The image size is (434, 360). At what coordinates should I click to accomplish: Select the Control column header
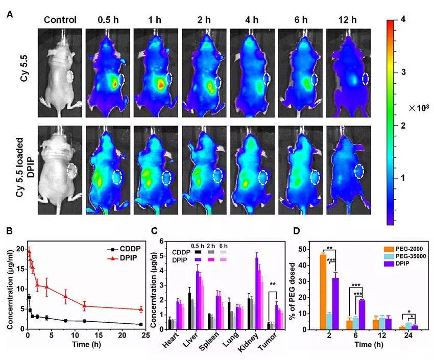60,20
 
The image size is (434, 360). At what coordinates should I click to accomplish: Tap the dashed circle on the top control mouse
71,77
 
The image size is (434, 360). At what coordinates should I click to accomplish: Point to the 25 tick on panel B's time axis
145,335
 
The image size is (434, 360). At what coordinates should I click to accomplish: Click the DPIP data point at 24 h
140,309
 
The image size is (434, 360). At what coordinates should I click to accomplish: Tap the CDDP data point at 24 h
140,324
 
